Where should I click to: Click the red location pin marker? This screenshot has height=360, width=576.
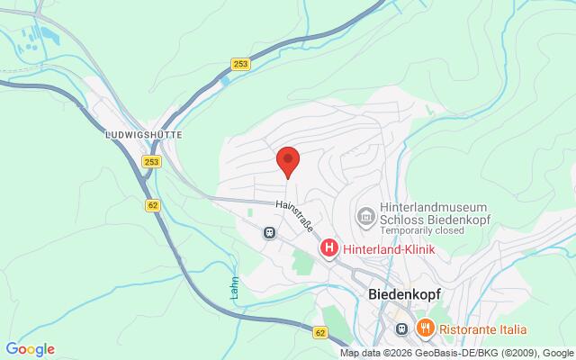pos(287,161)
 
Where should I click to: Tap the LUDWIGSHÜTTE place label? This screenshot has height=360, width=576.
pos(144,133)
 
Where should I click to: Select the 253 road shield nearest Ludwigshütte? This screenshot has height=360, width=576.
pos(153,161)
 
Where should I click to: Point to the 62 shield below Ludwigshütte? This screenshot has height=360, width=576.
pos(152,204)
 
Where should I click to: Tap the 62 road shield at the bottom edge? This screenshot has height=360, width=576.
pos(321,332)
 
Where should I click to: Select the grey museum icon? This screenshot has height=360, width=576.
pos(366,216)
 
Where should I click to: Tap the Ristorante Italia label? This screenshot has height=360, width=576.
pos(483,328)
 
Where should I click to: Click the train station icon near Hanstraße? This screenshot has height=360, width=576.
pos(269,232)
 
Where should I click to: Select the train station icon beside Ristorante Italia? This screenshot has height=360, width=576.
pos(402,328)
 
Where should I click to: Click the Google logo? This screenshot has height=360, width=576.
pos(30,349)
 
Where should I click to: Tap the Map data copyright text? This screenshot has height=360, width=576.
pos(457,353)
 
